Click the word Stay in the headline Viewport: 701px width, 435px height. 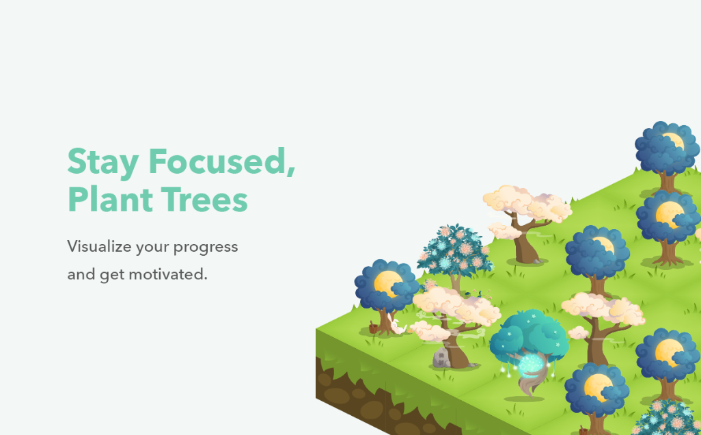tap(102, 163)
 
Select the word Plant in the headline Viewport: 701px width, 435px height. tap(110, 199)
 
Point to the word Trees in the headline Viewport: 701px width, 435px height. tap(204, 200)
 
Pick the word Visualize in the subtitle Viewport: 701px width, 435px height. tap(99, 246)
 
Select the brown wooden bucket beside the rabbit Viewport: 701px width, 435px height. tap(373, 328)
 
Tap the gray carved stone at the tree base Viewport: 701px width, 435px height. tap(441, 358)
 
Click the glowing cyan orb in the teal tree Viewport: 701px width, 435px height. tap(530, 365)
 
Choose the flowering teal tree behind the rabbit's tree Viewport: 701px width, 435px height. tap(454, 253)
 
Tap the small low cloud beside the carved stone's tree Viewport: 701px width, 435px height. tap(429, 332)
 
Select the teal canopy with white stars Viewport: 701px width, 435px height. tap(530, 336)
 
